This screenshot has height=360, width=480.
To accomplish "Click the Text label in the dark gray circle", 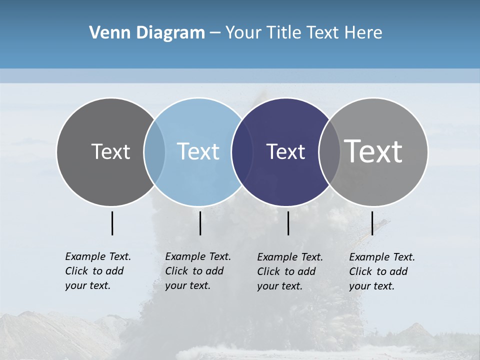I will pyautogui.click(x=110, y=151).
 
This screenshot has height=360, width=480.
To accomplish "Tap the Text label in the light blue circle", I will pyautogui.click(x=198, y=151).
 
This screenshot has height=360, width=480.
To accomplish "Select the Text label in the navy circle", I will pyautogui.click(x=285, y=151).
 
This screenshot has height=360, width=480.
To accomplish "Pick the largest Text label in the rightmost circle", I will pyautogui.click(x=373, y=151).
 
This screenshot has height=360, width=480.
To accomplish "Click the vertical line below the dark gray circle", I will pyautogui.click(x=112, y=223).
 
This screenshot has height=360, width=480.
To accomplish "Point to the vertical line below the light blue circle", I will pyautogui.click(x=200, y=223).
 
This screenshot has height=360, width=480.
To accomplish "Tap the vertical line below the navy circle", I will pyautogui.click(x=288, y=223).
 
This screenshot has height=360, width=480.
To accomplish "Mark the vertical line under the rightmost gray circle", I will pyautogui.click(x=372, y=223).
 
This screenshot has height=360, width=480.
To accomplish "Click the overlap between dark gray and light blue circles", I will pyautogui.click(x=154, y=151).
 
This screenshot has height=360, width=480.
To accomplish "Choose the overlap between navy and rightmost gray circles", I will pyautogui.click(x=329, y=151).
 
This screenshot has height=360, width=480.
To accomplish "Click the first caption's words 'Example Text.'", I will pyautogui.click(x=98, y=256).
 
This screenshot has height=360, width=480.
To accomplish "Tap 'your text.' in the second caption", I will pyautogui.click(x=187, y=285).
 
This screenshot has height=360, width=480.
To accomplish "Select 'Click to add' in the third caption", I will pyautogui.click(x=286, y=271).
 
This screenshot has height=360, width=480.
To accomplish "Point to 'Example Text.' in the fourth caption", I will pyautogui.click(x=382, y=257).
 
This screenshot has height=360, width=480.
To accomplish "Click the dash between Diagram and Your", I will pyautogui.click(x=215, y=32).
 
